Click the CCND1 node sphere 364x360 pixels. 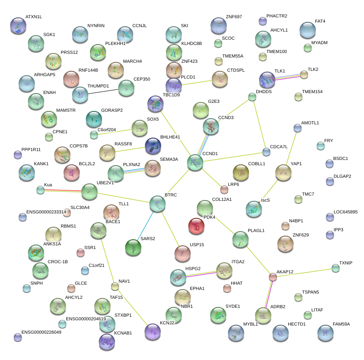[x=195, y=162]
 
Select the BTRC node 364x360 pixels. [x=157, y=204]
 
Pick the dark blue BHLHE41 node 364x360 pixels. [x=153, y=146]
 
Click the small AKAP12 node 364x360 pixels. [x=273, y=277]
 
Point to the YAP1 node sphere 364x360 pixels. [x=283, y=173]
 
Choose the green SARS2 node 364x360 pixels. [x=133, y=248]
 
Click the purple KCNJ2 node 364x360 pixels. [x=153, y=331]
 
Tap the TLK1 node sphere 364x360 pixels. [x=267, y=80]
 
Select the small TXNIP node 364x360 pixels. [x=335, y=268]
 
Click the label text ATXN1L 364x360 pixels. [x=34, y=17]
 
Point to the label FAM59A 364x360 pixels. [x=341, y=324]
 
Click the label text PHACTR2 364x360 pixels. [x=277, y=16]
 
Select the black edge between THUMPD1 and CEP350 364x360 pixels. [x=103, y=91]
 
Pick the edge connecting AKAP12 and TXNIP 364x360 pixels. [x=304, y=273]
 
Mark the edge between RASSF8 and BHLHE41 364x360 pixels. [x=130, y=149]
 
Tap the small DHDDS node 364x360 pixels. [x=252, y=97]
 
